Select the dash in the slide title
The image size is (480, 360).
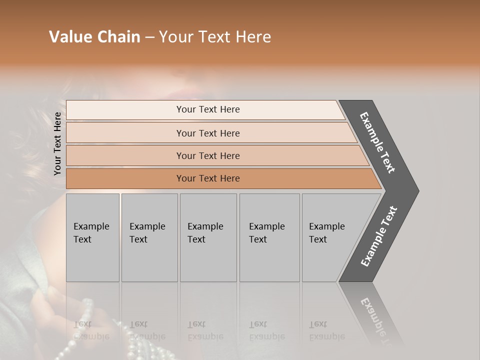click(149, 37)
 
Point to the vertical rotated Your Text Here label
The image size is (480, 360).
click(57, 143)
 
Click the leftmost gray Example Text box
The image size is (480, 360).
click(92, 237)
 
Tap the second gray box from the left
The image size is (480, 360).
click(149, 237)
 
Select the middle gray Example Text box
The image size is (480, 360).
click(208, 237)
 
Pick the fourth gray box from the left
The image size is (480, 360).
click(269, 237)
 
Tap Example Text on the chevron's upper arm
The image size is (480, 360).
click(377, 142)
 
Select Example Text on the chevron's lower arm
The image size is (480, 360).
click(378, 236)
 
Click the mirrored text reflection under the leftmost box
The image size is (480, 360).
click(91, 330)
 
